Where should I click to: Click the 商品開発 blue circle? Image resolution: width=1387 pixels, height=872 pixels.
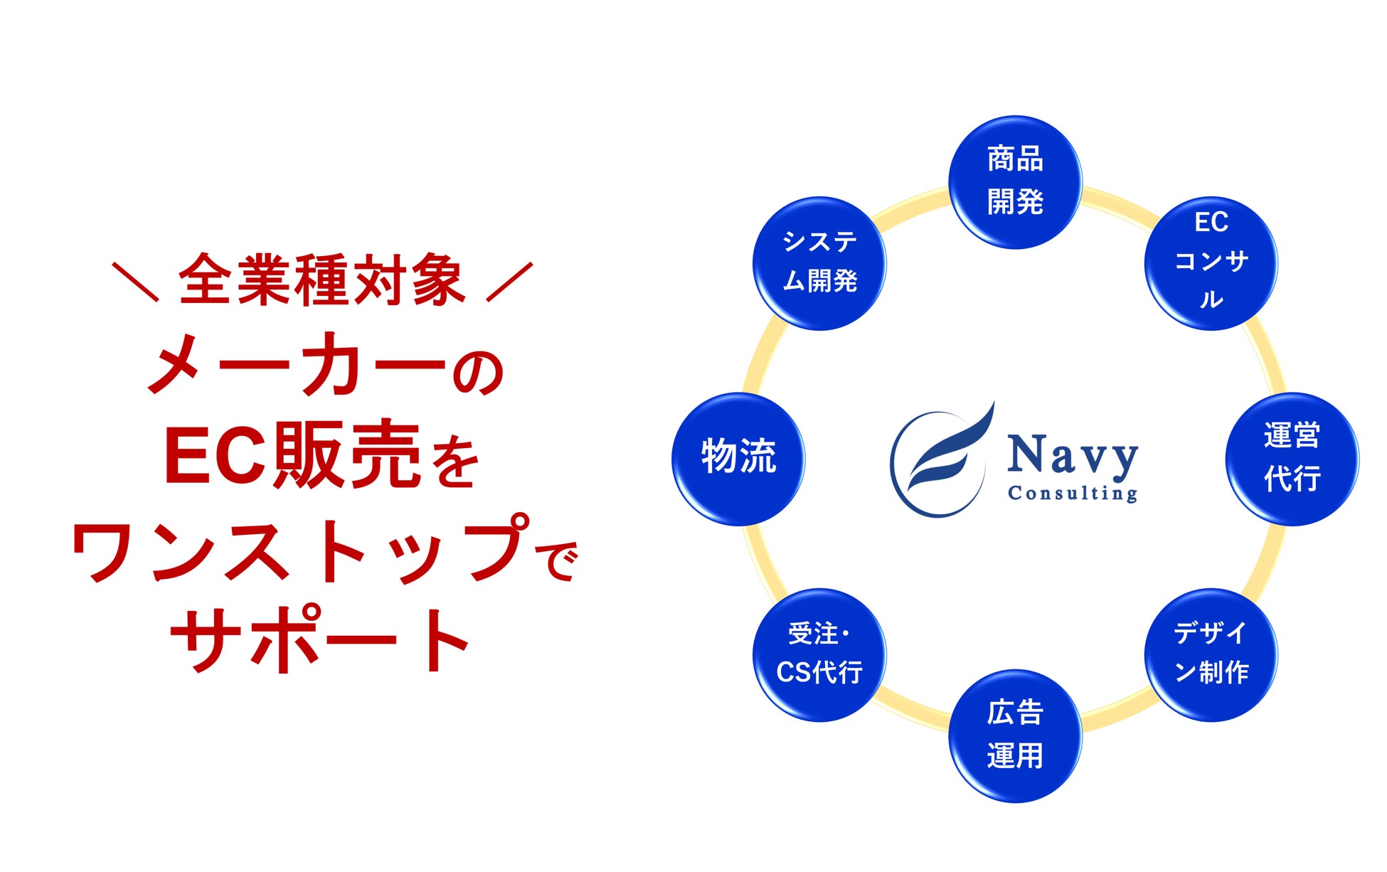[1015, 182]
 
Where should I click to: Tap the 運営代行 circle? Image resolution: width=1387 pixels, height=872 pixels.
[1292, 459]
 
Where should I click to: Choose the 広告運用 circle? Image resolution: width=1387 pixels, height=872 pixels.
[1015, 735]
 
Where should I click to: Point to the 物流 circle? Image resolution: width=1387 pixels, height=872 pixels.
[738, 459]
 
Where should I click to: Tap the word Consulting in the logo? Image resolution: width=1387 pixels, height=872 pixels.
[1073, 493]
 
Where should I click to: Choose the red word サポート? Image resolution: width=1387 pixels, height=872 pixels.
[320, 640]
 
